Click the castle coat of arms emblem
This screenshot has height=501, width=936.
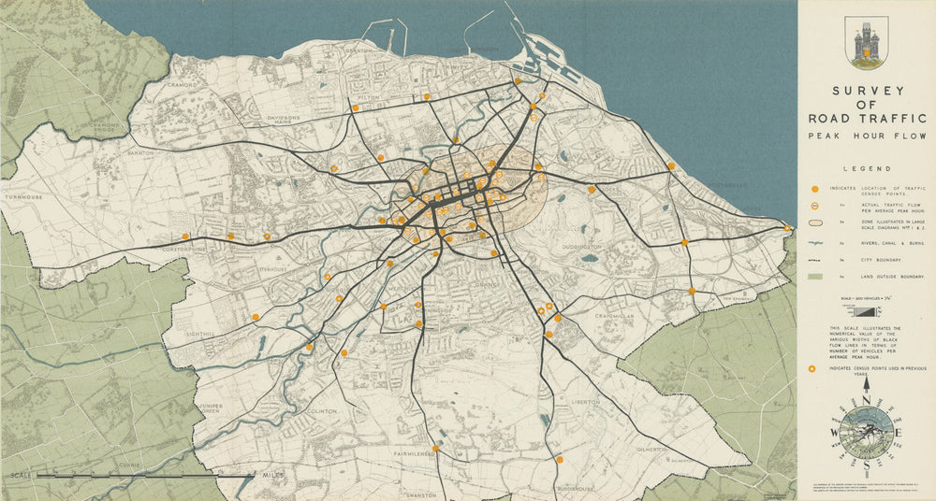coord(866,43)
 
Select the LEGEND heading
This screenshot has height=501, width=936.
coord(866,169)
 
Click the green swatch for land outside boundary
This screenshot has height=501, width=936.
coord(814,276)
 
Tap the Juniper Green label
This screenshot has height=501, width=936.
coord(212,409)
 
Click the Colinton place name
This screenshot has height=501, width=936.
coord(321,410)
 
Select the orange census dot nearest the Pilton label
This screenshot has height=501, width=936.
coord(355,108)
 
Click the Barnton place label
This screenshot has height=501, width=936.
coord(140,151)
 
